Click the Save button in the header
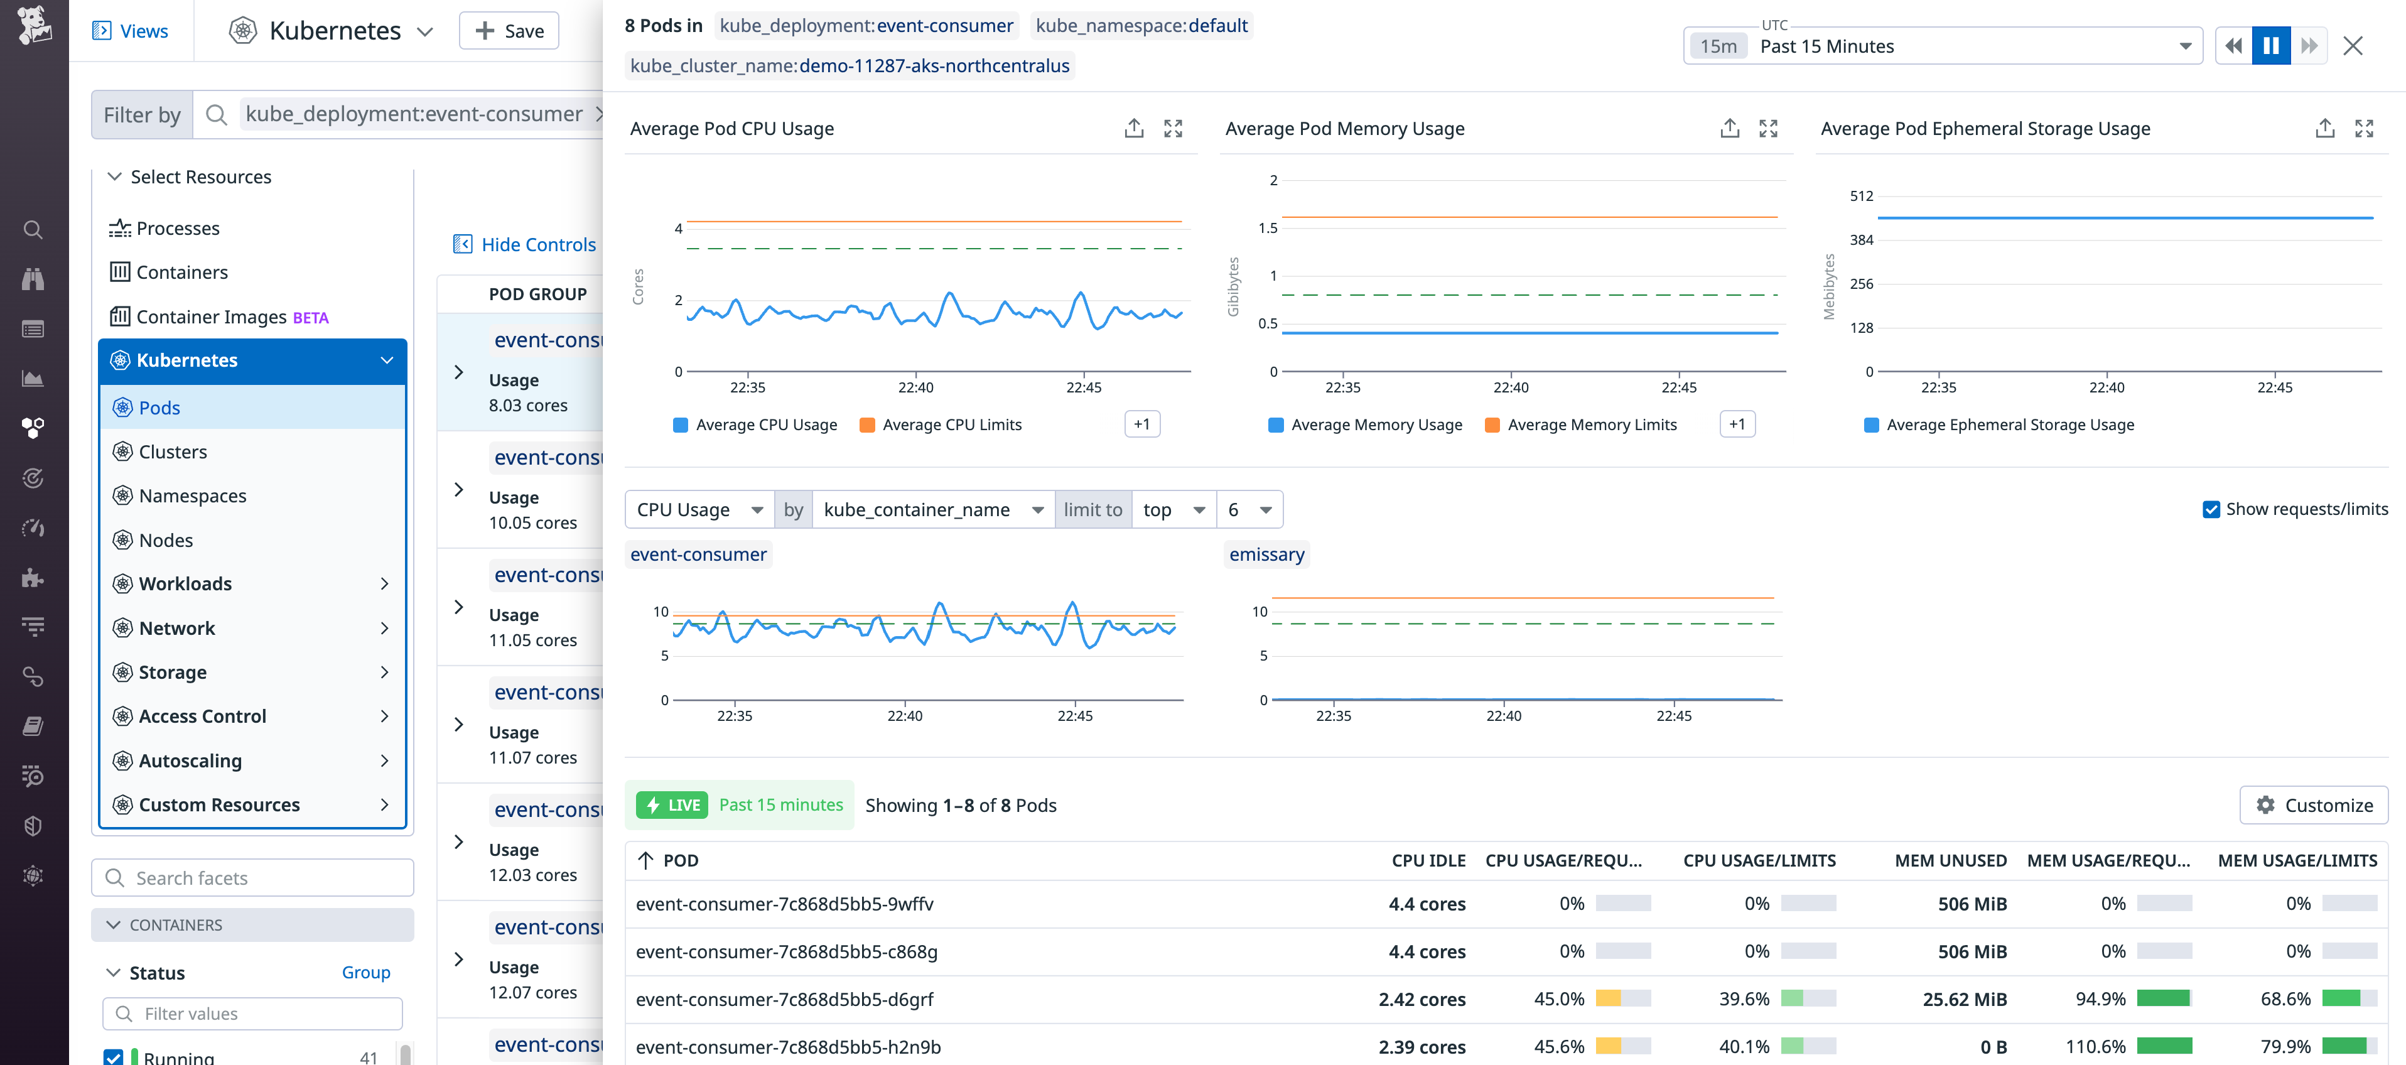pyautogui.click(x=509, y=31)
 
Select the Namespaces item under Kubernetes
pyautogui.click(x=192, y=496)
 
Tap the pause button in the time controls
pyautogui.click(x=2270, y=46)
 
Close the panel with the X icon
pyautogui.click(x=2352, y=46)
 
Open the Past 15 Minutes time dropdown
pyautogui.click(x=1942, y=46)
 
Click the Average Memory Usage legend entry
pyautogui.click(x=1375, y=425)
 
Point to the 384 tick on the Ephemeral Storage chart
pyautogui.click(x=1860, y=240)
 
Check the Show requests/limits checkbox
pyautogui.click(x=2210, y=509)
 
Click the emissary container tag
pyautogui.click(x=1266, y=555)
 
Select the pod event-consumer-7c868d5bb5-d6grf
pyautogui.click(x=785, y=1000)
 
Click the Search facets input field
pyautogui.click(x=252, y=878)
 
